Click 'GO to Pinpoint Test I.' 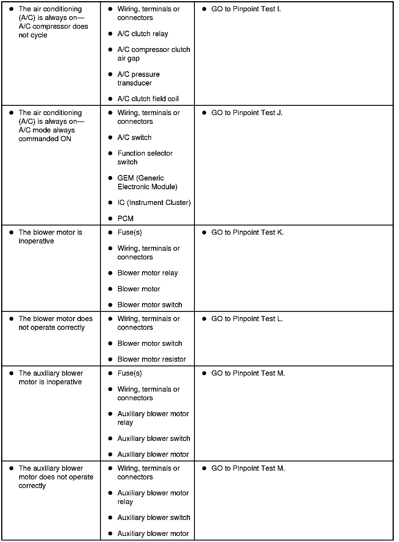pyautogui.click(x=246, y=9)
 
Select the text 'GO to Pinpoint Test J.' pyautogui.click(x=247, y=113)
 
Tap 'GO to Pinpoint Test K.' pyautogui.click(x=247, y=232)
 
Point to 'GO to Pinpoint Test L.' pyautogui.click(x=247, y=319)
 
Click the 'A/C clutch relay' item pyautogui.click(x=143, y=34)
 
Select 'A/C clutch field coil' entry pyautogui.click(x=148, y=99)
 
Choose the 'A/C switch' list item pyautogui.click(x=134, y=138)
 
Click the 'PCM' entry pyautogui.click(x=125, y=219)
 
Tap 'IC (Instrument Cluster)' pyautogui.click(x=154, y=203)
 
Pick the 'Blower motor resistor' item pyautogui.click(x=151, y=359)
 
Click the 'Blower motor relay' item pyautogui.click(x=147, y=273)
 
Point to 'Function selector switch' pyautogui.click(x=145, y=158)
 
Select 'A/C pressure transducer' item pyautogui.click(x=138, y=79)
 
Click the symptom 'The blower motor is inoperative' pyautogui.click(x=50, y=237)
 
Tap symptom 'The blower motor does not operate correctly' pyautogui.click(x=55, y=323)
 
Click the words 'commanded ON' pyautogui.click(x=45, y=139)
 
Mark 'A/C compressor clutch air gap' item pyautogui.click(x=153, y=54)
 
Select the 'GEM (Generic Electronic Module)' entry pyautogui.click(x=147, y=182)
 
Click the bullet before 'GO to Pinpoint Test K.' pyautogui.click(x=204, y=232)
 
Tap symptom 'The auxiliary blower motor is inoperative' pyautogui.click(x=50, y=377)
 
